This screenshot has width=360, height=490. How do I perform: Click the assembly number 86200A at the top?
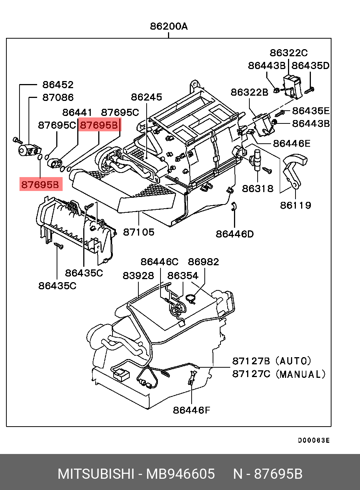pos(169,26)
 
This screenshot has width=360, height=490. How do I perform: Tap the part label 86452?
pos(58,85)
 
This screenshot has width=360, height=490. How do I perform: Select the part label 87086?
pos(58,98)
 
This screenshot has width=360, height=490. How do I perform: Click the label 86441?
pos(77,112)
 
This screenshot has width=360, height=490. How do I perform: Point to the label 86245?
pos(146,97)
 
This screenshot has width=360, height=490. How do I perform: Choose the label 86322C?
pos(288,53)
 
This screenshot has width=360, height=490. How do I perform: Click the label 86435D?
pos(310,66)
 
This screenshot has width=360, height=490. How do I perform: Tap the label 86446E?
pos(292,143)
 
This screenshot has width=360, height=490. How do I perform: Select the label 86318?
pos(258,188)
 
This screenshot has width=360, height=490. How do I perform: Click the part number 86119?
pos(295,205)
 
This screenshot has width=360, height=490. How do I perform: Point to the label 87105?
pos(139,232)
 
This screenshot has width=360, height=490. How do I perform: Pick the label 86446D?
pos(234,234)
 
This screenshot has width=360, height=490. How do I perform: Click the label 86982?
pos(203,262)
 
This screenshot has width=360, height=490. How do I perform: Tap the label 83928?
pos(138,276)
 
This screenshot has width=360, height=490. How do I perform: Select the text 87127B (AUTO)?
pos(271,361)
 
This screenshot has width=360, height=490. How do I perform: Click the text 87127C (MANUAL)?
pos(279,374)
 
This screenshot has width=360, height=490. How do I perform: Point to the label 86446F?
pos(191,410)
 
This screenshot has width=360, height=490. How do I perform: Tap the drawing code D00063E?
pos(314,440)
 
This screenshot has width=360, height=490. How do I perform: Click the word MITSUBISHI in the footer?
pos(96,474)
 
